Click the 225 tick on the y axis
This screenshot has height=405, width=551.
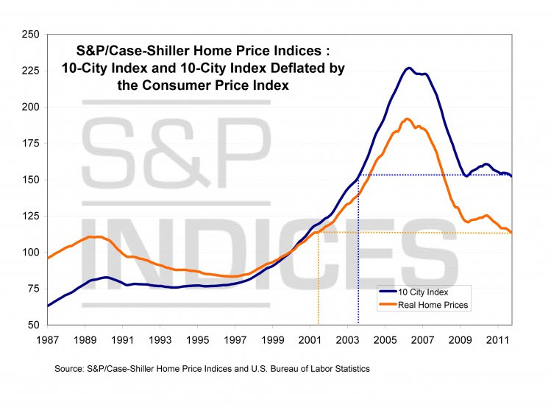(29, 71)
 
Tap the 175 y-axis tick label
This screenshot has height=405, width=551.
(29, 144)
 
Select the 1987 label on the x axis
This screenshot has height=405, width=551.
(47, 340)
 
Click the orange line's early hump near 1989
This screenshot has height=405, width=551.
(92, 236)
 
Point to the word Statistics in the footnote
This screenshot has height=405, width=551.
(348, 368)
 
